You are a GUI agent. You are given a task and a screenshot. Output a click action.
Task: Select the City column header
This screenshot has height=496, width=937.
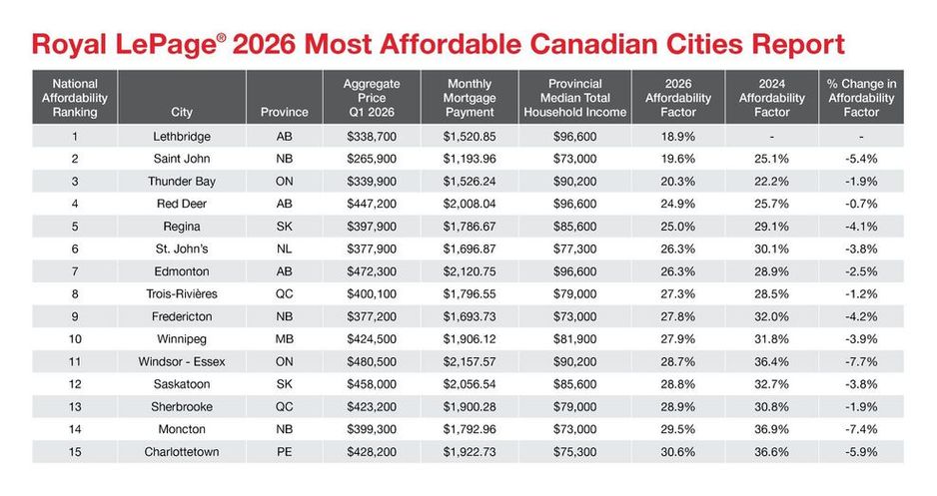pos(182,112)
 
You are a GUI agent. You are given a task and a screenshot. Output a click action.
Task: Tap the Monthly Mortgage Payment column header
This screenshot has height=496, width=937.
pos(469,98)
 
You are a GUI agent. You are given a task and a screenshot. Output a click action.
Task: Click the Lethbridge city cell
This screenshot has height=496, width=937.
pos(182,137)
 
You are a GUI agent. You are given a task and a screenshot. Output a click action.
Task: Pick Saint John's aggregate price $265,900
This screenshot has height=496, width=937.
pos(371,159)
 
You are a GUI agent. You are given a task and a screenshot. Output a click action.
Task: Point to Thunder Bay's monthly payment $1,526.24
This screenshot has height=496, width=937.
pos(469,182)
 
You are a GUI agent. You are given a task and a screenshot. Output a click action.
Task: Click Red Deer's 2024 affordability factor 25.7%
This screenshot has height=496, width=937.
pos(771,205)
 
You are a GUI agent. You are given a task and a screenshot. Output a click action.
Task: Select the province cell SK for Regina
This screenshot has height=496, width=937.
pos(285,227)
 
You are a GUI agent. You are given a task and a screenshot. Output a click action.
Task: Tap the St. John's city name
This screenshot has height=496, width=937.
pos(182,248)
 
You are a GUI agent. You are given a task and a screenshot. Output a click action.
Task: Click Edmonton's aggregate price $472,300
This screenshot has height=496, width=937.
pos(371,271)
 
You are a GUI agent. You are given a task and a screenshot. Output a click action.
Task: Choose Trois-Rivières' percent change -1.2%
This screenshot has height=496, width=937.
pos(861,294)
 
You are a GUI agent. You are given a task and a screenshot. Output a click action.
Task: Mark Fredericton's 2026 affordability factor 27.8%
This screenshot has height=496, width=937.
pos(678,317)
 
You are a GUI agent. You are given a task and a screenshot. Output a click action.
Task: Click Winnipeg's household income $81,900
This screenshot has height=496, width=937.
pos(574,339)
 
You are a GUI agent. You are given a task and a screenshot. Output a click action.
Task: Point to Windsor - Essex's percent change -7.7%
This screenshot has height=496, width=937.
pos(861,361)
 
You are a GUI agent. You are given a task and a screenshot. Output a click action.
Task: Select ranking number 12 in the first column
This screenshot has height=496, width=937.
pos(75,384)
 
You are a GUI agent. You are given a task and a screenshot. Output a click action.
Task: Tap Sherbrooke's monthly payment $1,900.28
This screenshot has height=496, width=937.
pos(469,407)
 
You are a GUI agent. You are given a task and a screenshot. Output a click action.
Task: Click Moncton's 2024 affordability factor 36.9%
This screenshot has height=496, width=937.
pos(771,430)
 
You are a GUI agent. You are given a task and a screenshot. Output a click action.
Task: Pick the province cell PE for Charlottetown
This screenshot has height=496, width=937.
pos(285,452)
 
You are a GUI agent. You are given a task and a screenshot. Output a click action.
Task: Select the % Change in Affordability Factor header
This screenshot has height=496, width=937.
pos(861,98)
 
